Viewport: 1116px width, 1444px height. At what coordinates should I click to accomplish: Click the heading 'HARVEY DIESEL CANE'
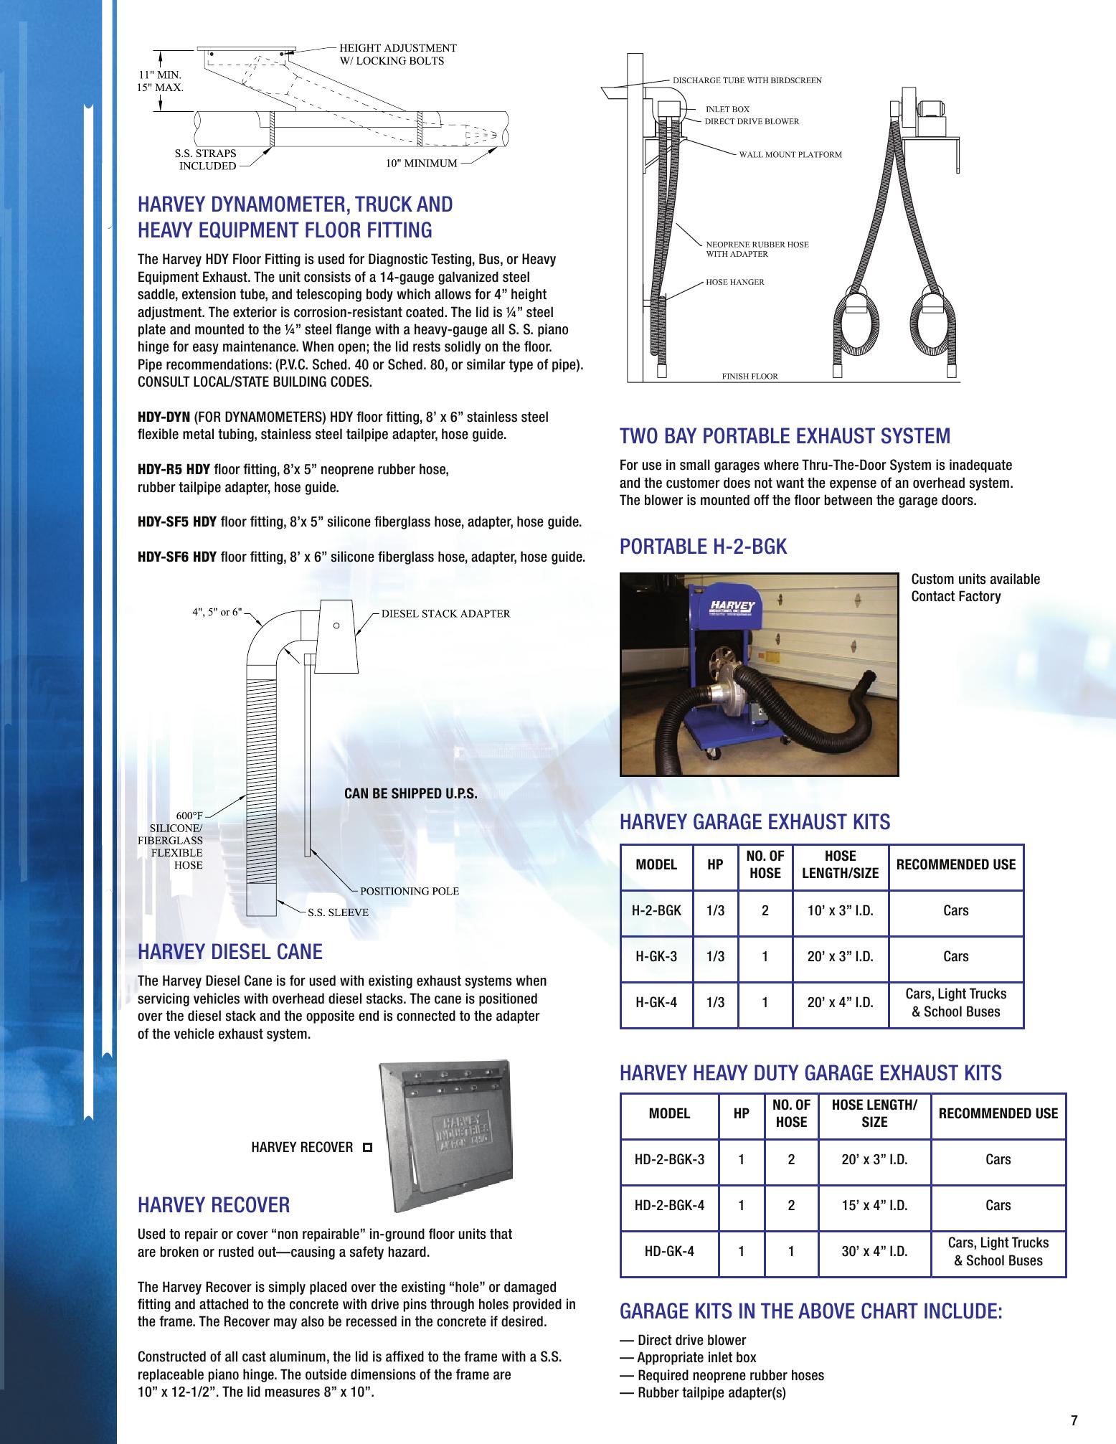tap(230, 952)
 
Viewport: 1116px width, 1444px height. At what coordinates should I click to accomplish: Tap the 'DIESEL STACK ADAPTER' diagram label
tap(445, 613)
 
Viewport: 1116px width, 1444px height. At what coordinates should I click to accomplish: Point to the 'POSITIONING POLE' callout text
tap(409, 890)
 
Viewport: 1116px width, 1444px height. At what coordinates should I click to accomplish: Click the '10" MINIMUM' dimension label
tap(421, 163)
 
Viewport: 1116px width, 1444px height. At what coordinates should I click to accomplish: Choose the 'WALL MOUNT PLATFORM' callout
tap(790, 154)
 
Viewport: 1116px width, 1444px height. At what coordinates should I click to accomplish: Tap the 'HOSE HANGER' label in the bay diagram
tap(735, 282)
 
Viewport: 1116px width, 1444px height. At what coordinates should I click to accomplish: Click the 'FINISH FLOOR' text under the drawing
tap(749, 376)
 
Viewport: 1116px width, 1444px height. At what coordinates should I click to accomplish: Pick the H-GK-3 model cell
tap(656, 956)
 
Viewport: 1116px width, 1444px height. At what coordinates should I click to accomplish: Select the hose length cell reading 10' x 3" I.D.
tap(840, 910)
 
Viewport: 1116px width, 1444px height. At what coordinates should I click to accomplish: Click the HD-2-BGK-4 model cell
tap(669, 1205)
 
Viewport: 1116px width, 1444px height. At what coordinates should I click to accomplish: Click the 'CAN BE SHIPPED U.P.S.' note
tap(411, 794)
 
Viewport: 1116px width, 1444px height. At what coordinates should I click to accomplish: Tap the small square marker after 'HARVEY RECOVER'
tap(367, 1148)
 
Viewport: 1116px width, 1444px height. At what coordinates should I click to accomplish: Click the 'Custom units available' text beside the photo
tap(975, 579)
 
